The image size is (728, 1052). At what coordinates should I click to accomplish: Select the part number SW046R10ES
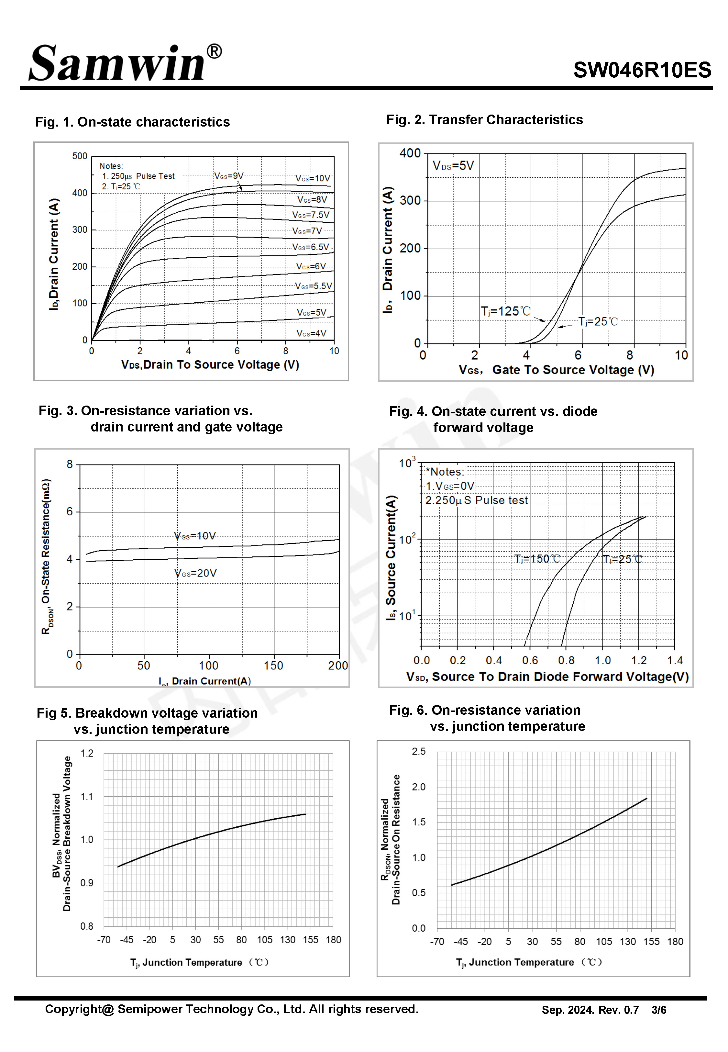[642, 70]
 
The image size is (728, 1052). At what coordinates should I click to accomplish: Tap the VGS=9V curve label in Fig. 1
[229, 176]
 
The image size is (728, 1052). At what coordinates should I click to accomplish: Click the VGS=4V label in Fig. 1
[312, 333]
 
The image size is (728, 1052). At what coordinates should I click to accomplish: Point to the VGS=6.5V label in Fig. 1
[311, 247]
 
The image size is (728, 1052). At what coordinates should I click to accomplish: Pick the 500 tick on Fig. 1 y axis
[80, 156]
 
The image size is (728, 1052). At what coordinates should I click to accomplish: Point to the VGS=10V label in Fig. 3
[195, 536]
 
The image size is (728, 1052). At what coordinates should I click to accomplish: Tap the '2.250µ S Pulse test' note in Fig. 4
[477, 500]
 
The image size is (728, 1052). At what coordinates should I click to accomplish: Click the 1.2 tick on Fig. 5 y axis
[87, 753]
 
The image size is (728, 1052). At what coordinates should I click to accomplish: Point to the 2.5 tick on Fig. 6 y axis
[419, 751]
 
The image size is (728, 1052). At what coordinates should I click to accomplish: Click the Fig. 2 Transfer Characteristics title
[484, 119]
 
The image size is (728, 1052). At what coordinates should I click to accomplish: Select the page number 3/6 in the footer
[659, 1010]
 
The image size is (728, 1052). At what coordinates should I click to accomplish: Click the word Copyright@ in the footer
[79, 1010]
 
